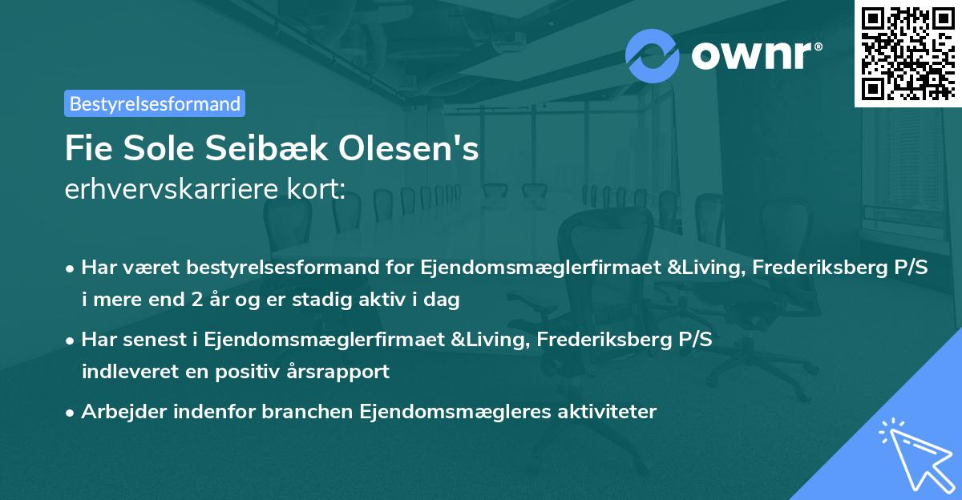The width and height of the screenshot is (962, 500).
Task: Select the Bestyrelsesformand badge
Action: click(155, 103)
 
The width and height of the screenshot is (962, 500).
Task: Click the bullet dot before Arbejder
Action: click(71, 413)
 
